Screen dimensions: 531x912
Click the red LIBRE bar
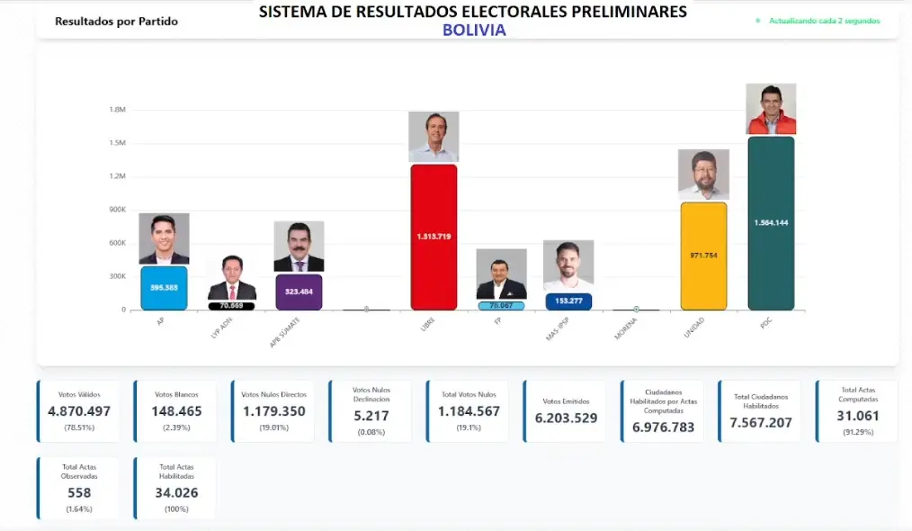tap(434, 237)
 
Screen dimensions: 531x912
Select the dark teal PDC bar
tap(771, 222)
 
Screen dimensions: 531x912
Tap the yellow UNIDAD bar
tap(703, 256)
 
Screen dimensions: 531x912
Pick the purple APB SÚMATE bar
tap(299, 292)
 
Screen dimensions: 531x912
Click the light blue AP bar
tap(164, 288)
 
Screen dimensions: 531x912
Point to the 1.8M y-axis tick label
tap(117, 110)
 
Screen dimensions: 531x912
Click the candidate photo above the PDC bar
tap(771, 109)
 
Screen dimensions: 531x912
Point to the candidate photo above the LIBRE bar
tap(434, 137)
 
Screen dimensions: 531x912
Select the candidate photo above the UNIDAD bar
tap(703, 175)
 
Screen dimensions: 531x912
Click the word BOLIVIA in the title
tap(474, 30)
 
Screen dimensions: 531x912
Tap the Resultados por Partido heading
tap(116, 21)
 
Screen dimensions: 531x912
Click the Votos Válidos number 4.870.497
tap(79, 411)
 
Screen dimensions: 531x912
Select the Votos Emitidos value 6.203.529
tap(566, 418)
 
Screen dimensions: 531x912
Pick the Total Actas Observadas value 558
tap(79, 492)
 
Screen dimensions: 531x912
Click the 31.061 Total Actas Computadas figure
tap(859, 416)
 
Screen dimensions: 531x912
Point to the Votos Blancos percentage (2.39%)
tap(176, 427)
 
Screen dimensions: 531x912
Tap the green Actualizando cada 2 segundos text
tap(824, 21)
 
